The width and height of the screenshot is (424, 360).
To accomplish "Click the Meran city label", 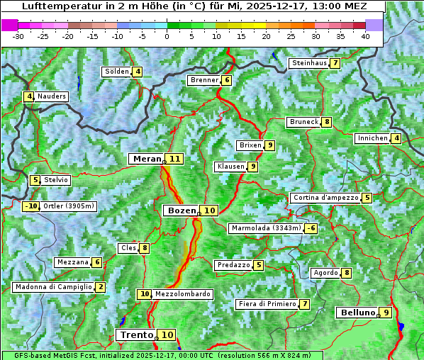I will pyautogui.click(x=146, y=159).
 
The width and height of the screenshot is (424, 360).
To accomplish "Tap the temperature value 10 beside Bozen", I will pyautogui.click(x=209, y=210).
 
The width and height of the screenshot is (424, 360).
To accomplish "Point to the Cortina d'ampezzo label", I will pyautogui.click(x=325, y=198).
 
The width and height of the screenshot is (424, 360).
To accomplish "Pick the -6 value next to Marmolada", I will pyautogui.click(x=311, y=228).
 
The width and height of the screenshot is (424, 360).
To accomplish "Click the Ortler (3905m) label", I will pyautogui.click(x=69, y=206).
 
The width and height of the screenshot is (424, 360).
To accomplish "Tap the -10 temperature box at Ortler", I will pyautogui.click(x=30, y=206).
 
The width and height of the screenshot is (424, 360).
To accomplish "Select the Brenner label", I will pyautogui.click(x=204, y=80).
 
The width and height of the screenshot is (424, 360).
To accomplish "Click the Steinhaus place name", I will pyautogui.click(x=309, y=63).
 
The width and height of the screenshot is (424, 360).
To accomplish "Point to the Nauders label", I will pyautogui.click(x=52, y=96).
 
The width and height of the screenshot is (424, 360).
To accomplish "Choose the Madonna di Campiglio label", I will pyautogui.click(x=53, y=287).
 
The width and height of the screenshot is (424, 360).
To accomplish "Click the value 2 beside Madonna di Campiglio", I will pyautogui.click(x=101, y=287).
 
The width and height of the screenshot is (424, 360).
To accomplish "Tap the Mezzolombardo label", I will pyautogui.click(x=182, y=294).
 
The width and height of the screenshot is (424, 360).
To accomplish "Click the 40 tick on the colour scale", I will pyautogui.click(x=365, y=36).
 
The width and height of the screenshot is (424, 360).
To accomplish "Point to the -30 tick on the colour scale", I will pyautogui.click(x=18, y=36).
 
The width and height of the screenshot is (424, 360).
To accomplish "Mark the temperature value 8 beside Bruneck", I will pyautogui.click(x=326, y=122).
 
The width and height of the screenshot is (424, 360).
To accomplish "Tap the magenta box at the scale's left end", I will pyautogui.click(x=10, y=24).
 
